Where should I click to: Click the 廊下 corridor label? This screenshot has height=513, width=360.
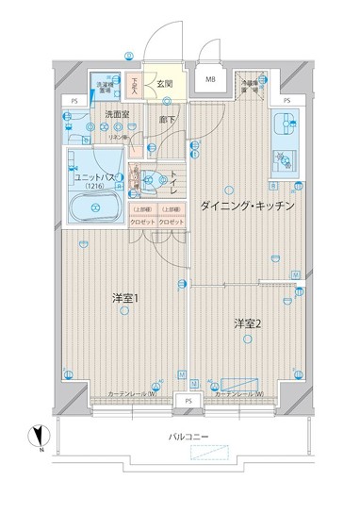click(166, 120)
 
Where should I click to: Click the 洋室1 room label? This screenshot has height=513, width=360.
click(124, 299)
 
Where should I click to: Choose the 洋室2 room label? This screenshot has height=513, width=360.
click(247, 324)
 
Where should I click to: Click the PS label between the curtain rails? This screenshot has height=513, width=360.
click(188, 401)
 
